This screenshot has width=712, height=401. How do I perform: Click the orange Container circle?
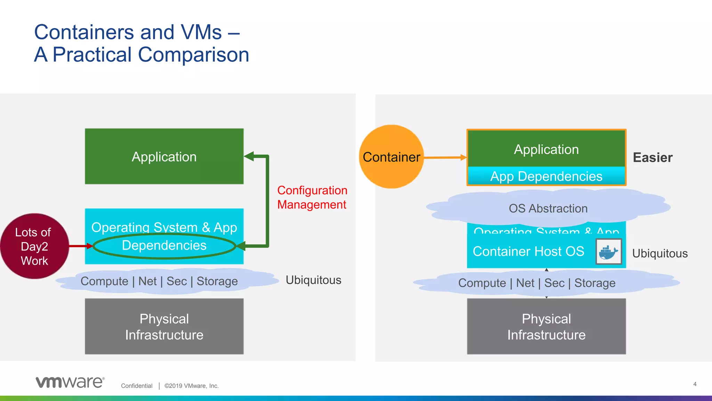click(x=391, y=157)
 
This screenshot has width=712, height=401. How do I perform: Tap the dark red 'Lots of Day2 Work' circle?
click(x=34, y=246)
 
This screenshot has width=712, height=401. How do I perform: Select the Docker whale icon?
click(x=608, y=251)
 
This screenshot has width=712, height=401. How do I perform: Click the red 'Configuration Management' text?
click(x=312, y=197)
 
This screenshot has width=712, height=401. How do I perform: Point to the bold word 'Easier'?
click(x=653, y=158)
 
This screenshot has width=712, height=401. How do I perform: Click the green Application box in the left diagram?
click(x=164, y=157)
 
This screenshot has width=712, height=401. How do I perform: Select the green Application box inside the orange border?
click(x=546, y=149)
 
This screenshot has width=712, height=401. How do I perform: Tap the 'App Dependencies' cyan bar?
click(x=546, y=176)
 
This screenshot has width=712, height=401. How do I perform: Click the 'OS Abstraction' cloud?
click(x=548, y=208)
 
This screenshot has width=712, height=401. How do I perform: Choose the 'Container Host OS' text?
click(x=528, y=251)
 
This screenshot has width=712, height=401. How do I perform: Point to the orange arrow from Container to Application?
click(x=445, y=158)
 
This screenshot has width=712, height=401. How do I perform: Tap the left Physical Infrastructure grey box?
click(x=164, y=327)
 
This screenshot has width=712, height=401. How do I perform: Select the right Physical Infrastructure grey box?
click(x=546, y=327)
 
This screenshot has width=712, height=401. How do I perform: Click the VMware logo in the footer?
click(x=70, y=382)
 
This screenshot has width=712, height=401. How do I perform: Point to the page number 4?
click(x=695, y=384)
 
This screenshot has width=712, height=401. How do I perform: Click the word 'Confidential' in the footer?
click(x=137, y=386)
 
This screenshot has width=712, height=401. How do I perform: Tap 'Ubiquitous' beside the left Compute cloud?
click(x=313, y=280)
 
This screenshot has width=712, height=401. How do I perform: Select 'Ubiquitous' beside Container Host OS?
click(x=660, y=253)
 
